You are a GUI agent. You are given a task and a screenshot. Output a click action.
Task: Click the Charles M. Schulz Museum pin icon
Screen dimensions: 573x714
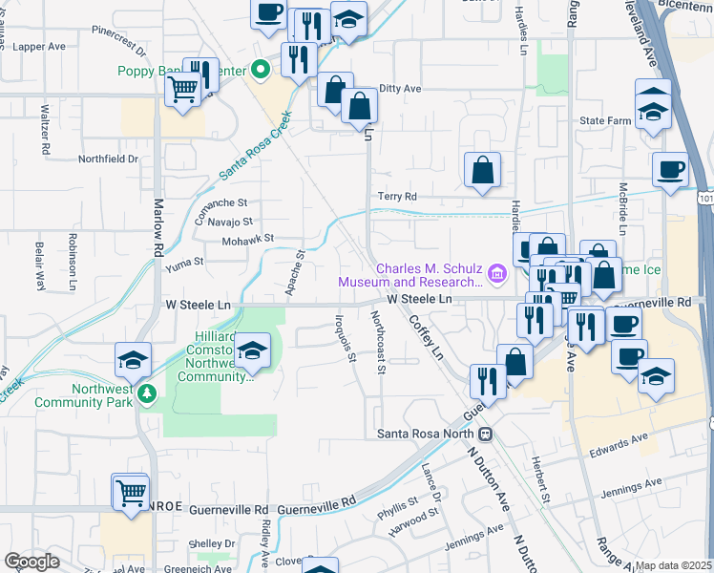coord(496,275)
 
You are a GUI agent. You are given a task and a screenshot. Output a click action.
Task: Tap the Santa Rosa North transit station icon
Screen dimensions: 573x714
coord(485,435)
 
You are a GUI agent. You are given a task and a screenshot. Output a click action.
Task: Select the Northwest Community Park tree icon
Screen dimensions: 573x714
coord(146,393)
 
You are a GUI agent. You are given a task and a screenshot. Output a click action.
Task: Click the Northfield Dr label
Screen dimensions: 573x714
coord(108,159)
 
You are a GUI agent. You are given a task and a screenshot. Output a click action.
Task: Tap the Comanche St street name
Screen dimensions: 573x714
coord(221,202)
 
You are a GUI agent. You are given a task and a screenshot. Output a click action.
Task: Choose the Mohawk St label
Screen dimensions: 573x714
coord(248,238)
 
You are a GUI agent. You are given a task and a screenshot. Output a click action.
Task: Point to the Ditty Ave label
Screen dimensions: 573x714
coord(400,89)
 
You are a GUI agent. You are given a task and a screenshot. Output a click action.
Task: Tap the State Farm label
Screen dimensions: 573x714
coord(606,121)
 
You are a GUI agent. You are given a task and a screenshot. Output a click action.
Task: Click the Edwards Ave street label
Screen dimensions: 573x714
coord(618,447)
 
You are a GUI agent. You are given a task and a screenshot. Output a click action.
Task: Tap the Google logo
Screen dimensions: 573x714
coord(31,562)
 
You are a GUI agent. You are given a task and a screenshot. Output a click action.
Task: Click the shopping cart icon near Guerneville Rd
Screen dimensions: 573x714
coord(131,492)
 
